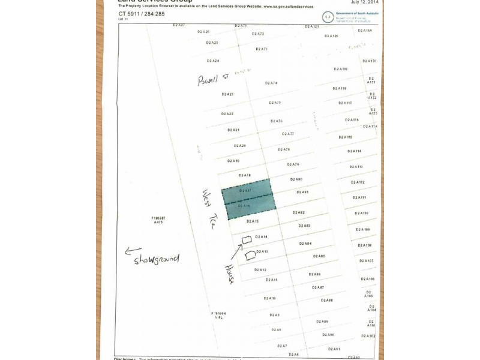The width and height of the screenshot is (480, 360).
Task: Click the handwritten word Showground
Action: pyautogui.click(x=157, y=260)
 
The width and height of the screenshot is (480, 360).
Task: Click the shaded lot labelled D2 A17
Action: pyautogui.click(x=246, y=191)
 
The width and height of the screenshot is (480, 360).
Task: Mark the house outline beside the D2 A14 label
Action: pyautogui.click(x=246, y=240)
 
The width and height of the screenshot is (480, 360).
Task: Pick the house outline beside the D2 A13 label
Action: pyautogui.click(x=250, y=255)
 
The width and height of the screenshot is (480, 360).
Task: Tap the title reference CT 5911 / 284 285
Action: pyautogui.click(x=142, y=13)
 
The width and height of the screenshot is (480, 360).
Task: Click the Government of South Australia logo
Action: pyautogui.click(x=328, y=17)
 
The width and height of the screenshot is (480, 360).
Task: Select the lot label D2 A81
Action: pyautogui.click(x=302, y=192)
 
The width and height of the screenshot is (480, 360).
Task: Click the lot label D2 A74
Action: pyautogui.click(x=271, y=83)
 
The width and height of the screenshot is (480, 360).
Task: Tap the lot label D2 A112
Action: pyautogui.click(x=358, y=182)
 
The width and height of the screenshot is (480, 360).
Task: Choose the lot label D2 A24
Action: pyautogui.click(x=213, y=61)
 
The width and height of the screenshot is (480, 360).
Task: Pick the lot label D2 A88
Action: pyautogui.click(x=326, y=300)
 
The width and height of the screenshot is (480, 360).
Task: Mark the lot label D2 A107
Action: pyautogui.click(x=366, y=261)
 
